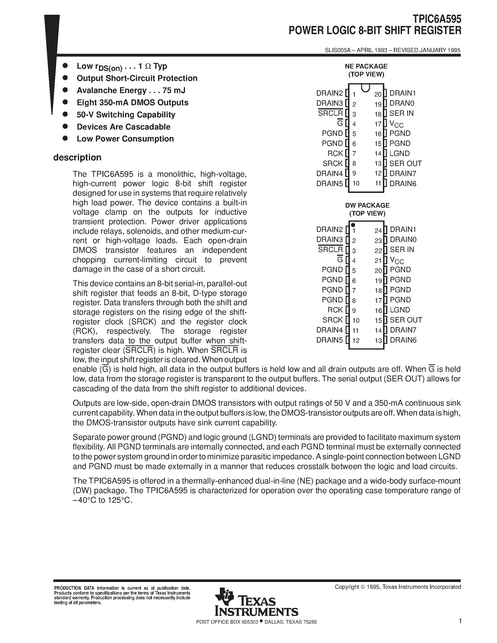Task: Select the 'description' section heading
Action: click(77, 158)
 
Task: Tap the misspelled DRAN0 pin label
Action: click(402, 103)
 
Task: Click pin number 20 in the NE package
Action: click(378, 94)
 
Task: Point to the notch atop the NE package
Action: click(365, 88)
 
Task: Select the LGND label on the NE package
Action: click(399, 153)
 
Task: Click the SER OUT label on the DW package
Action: click(406, 320)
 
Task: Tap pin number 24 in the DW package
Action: click(378, 231)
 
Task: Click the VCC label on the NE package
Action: click(396, 124)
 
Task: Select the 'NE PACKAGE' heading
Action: click(366, 66)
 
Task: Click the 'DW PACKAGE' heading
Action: click(367, 205)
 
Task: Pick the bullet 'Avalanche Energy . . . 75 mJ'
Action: click(131, 90)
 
